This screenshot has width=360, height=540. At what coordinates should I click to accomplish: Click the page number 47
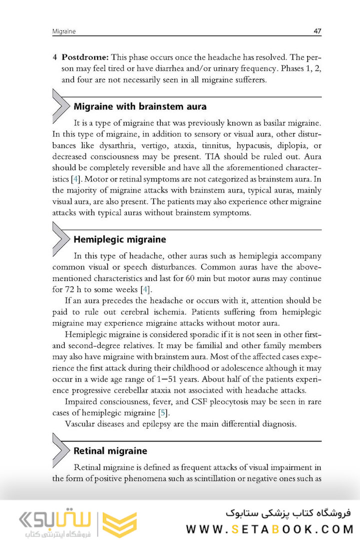point(317,31)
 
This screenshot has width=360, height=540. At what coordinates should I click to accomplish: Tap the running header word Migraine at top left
point(64,31)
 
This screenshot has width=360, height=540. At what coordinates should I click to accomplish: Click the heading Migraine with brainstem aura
point(139,106)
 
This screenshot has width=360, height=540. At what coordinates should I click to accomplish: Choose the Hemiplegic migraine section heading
point(119,239)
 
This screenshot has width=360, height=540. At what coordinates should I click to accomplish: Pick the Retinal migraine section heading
point(110,451)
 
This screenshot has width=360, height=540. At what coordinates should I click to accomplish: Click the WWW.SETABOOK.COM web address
point(270,529)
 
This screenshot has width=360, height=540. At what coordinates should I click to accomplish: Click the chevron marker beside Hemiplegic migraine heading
point(61,239)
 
